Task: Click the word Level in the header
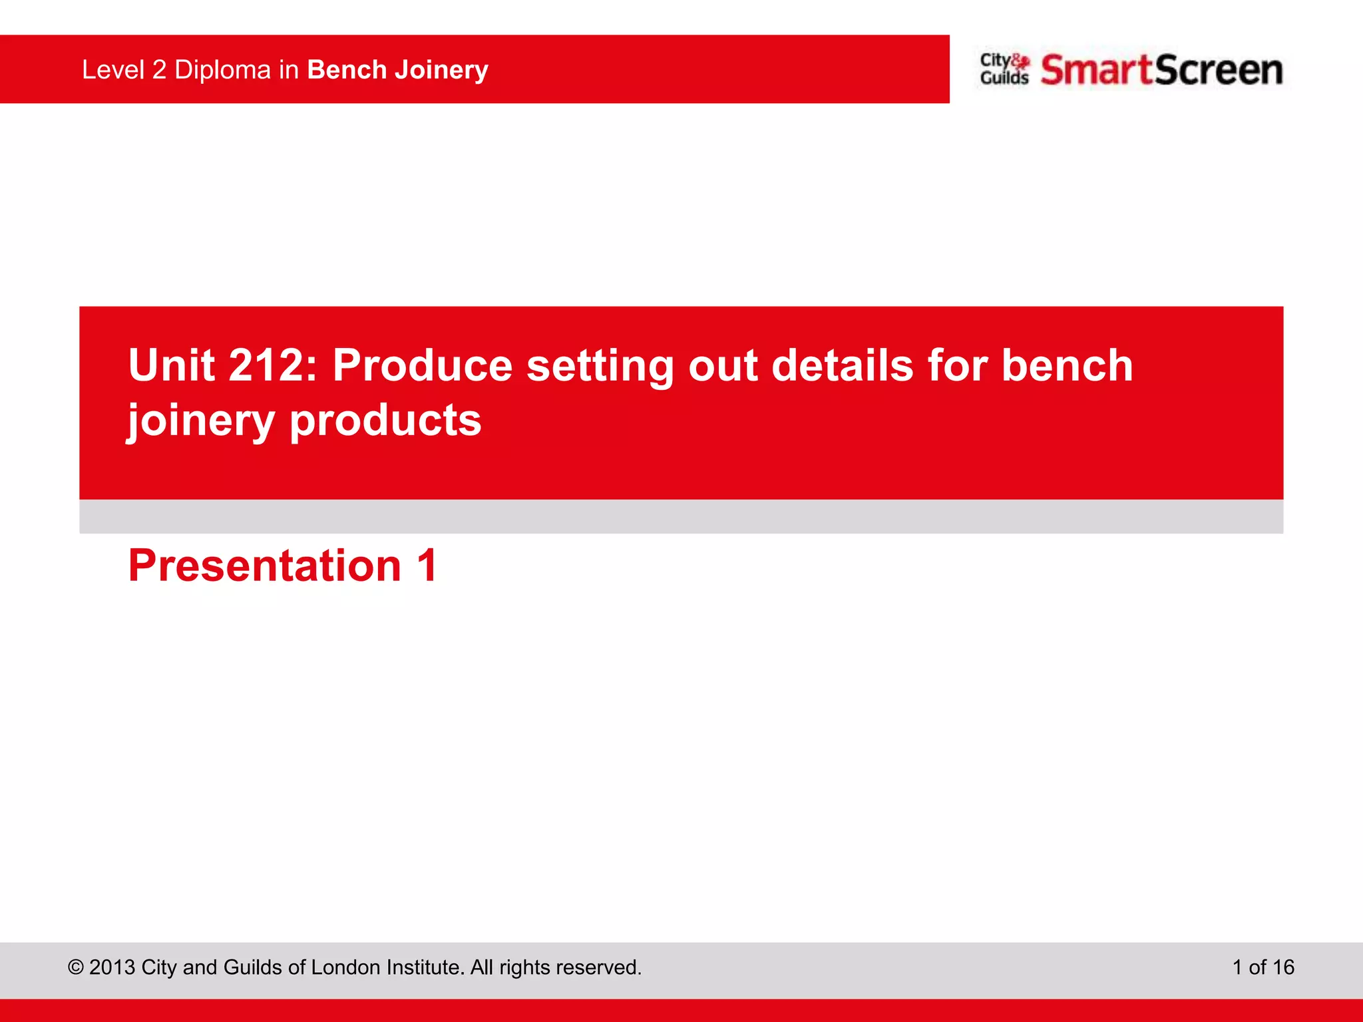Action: [x=113, y=70]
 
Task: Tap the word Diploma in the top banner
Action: [x=222, y=70]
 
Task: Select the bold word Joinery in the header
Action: [x=441, y=70]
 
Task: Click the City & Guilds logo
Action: [x=1004, y=69]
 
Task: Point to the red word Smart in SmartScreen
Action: [x=1096, y=70]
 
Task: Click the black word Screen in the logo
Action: [x=1219, y=70]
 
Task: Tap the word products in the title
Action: [x=385, y=421]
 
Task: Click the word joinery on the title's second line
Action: [x=200, y=421]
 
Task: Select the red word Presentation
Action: [x=264, y=566]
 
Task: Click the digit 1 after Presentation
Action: [x=427, y=566]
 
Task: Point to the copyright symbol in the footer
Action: [x=76, y=967]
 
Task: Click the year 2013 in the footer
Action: [x=112, y=967]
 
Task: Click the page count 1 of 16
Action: [x=1263, y=967]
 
